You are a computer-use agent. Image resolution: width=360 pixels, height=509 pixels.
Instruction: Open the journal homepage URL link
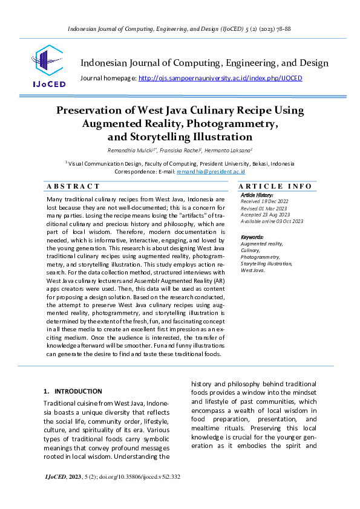coord(220,78)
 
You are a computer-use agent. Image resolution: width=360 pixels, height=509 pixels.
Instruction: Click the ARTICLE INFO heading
coord(275,186)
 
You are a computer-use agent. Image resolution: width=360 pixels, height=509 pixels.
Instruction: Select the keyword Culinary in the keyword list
coord(250,250)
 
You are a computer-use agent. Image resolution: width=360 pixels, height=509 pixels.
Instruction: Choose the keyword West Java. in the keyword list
coord(253,270)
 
